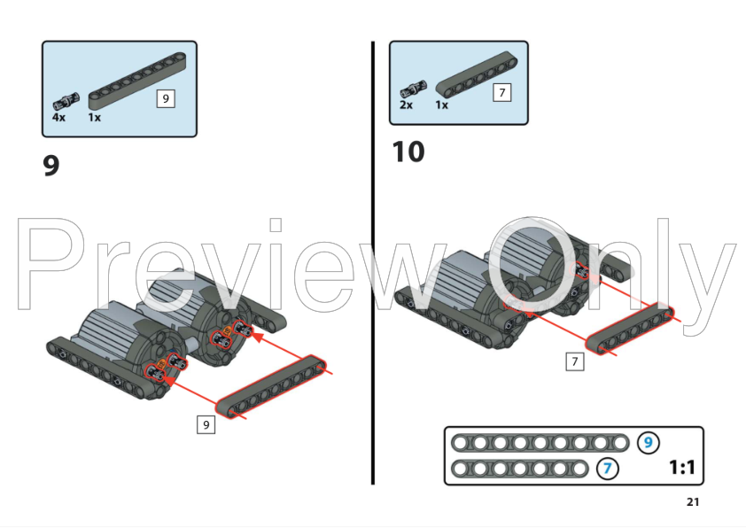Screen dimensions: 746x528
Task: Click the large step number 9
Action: pyautogui.click(x=51, y=165)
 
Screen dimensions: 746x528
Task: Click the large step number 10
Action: pyautogui.click(x=408, y=151)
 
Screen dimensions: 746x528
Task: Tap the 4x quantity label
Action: pyautogui.click(x=58, y=117)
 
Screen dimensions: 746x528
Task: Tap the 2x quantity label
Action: pyautogui.click(x=406, y=105)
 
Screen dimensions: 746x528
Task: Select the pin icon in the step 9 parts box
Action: pyautogui.click(x=66, y=101)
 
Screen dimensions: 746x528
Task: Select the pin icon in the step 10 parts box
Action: pyautogui.click(x=414, y=89)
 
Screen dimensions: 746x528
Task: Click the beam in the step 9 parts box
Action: pyautogui.click(x=137, y=81)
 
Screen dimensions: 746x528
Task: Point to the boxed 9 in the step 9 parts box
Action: pyautogui.click(x=166, y=98)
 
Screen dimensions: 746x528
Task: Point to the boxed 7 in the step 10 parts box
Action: pyautogui.click(x=502, y=92)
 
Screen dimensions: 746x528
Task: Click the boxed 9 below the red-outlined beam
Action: pyautogui.click(x=206, y=424)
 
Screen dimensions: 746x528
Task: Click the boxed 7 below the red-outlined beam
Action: pyautogui.click(x=575, y=361)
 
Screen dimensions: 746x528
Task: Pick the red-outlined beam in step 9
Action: pyautogui.click(x=271, y=387)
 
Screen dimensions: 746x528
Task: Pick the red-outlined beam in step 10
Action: pyautogui.click(x=629, y=329)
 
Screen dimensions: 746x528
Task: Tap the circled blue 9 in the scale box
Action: pyautogui.click(x=648, y=443)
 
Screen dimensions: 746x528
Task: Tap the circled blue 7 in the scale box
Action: pyautogui.click(x=608, y=469)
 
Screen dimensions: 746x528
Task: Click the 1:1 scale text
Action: pyautogui.click(x=682, y=467)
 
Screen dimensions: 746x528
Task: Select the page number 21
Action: pyautogui.click(x=693, y=501)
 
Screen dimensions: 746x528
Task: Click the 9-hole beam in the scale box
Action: pyautogui.click(x=540, y=443)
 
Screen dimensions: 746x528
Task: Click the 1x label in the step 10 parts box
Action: pyautogui.click(x=441, y=105)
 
